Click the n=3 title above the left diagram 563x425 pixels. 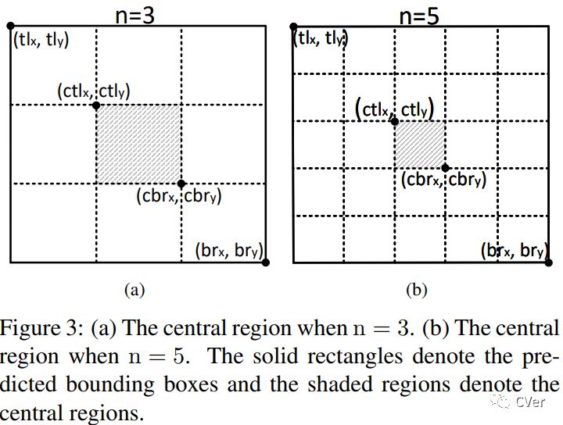138,14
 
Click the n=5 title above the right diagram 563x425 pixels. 419,14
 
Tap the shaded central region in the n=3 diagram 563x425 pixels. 138,144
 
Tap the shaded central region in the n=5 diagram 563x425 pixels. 420,145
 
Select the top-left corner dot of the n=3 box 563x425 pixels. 11,27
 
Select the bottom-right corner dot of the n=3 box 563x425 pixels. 266,262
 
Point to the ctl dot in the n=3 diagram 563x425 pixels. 96,105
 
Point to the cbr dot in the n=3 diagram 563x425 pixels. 181,184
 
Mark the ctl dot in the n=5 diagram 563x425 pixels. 394,121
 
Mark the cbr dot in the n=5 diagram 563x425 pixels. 446,167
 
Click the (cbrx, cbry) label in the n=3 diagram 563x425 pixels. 178,197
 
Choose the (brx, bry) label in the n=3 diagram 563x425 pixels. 228,252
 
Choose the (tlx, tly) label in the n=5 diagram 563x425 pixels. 321,37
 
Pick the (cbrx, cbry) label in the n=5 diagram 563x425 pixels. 444,180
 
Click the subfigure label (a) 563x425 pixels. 134,291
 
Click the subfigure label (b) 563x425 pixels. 416,291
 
